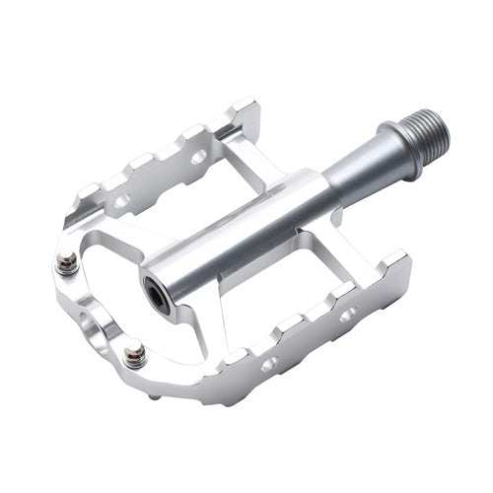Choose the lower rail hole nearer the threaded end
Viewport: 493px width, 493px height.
click(348, 317)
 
